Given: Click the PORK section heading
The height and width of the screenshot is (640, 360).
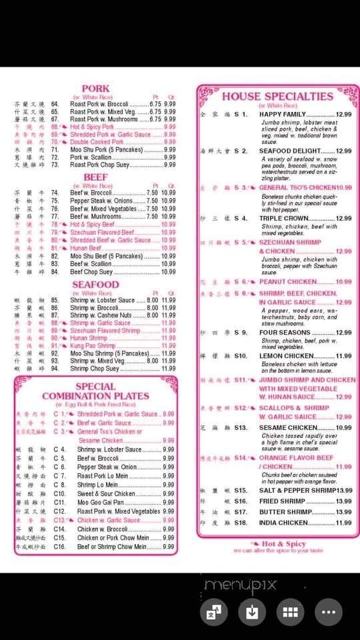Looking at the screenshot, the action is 95,89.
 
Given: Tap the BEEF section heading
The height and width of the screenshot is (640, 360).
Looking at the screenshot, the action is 95,177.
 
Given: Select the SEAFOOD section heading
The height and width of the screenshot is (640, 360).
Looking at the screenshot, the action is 95,285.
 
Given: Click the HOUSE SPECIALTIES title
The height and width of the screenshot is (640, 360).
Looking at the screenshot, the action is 277,96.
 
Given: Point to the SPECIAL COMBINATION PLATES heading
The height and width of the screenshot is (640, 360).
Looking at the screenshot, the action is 95,391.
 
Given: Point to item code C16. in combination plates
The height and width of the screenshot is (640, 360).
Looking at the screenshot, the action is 60,547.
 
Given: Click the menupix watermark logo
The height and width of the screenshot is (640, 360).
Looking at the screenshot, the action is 240,586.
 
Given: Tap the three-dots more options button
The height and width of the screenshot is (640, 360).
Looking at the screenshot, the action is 328,611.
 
